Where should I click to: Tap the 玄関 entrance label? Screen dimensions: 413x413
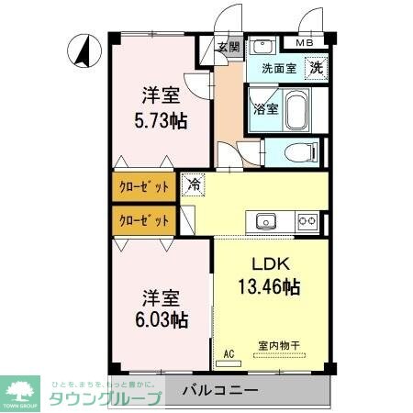click(229, 48)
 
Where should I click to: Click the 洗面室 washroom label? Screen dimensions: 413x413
click(278, 68)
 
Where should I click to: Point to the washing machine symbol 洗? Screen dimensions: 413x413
click(315, 67)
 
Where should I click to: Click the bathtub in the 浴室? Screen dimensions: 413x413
click(296, 111)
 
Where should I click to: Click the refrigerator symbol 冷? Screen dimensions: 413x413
click(194, 184)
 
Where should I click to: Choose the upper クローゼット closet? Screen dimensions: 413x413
click(145, 187)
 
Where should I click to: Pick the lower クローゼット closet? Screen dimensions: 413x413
click(145, 220)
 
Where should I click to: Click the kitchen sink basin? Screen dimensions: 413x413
click(267, 220)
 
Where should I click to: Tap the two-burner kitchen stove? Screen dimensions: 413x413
click(307, 220)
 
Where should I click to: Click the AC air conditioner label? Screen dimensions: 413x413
click(229, 352)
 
